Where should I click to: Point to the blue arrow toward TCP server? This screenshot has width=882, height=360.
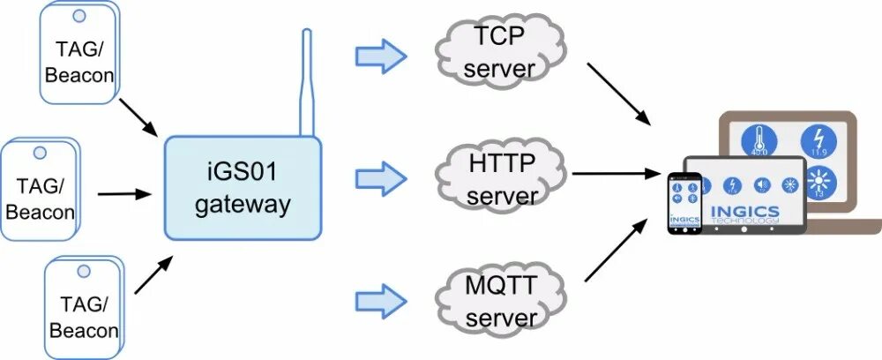click(380, 57)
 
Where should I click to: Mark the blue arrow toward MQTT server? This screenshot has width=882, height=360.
click(380, 296)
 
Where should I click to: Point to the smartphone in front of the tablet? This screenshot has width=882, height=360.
click(684, 203)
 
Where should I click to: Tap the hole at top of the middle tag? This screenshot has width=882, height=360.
click(40, 153)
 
